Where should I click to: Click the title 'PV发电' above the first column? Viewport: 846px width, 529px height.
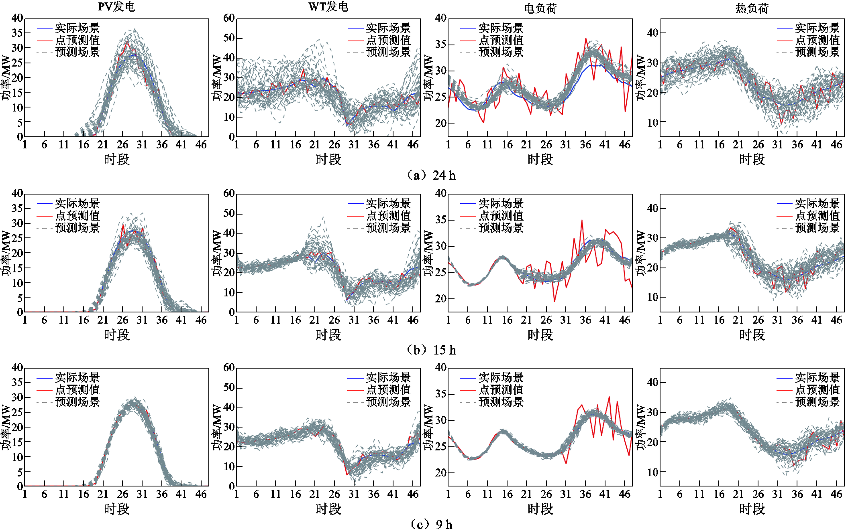[x=116, y=7]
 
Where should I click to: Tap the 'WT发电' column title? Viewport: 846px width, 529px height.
[x=328, y=7]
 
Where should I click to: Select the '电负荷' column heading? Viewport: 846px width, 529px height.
[x=540, y=8]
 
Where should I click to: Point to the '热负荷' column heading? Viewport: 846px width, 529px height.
[x=752, y=8]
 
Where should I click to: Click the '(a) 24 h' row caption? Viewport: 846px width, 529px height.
[x=431, y=175]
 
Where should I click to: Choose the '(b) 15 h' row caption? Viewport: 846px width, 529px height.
[x=431, y=350]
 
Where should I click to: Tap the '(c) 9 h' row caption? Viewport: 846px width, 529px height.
[x=431, y=524]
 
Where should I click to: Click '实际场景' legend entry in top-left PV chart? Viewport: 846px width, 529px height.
[x=77, y=28]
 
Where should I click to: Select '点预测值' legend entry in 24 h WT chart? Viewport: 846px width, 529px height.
[x=388, y=40]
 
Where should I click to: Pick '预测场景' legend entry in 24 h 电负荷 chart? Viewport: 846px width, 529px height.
[x=501, y=52]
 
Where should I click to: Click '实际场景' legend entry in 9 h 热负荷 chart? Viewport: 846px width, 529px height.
[x=817, y=377]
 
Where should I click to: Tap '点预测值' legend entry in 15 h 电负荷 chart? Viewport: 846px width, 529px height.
[x=501, y=215]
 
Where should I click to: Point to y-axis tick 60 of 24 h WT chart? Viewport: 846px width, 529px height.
[x=229, y=18]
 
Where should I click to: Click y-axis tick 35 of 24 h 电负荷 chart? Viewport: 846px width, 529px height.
[x=440, y=44]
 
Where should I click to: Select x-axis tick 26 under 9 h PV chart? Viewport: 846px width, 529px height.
[x=122, y=494]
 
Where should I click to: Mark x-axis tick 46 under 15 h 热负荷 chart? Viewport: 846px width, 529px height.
[x=836, y=320]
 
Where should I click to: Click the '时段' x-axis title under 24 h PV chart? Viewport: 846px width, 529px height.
[x=117, y=159]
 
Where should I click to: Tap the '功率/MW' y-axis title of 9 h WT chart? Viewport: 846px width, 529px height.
[x=217, y=427]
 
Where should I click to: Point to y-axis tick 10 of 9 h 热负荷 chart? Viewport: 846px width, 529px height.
[x=653, y=472]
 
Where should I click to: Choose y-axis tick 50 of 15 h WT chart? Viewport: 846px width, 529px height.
[x=229, y=213]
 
